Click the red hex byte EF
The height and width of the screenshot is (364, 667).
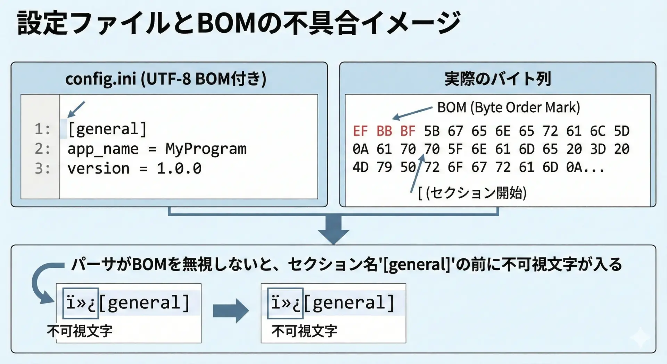360,131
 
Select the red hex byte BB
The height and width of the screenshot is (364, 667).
384,131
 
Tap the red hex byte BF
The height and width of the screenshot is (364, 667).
408,131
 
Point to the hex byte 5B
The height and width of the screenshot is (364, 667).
432,131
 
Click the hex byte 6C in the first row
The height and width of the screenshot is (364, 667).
598,131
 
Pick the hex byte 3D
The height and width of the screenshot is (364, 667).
598,149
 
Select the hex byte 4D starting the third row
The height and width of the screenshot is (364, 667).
360,167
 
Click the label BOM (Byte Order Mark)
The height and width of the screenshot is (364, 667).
509,108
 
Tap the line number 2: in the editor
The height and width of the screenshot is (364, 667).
42,149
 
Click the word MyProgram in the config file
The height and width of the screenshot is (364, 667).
206,149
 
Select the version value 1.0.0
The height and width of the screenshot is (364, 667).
179,169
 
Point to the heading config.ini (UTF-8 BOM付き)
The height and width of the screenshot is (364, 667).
166,79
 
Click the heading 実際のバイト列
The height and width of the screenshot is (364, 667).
498,79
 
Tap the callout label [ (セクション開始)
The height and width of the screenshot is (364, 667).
472,193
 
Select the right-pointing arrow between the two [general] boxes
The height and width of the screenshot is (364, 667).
231,311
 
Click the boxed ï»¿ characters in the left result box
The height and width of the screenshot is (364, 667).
81,303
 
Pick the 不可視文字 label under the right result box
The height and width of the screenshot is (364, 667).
304,331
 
